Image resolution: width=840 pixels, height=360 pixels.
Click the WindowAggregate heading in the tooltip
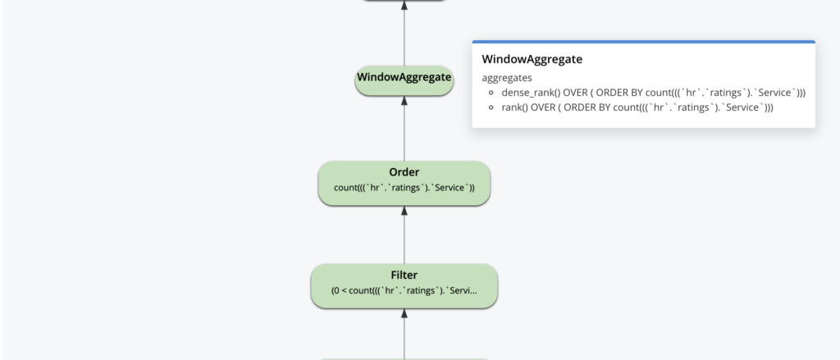click(x=532, y=60)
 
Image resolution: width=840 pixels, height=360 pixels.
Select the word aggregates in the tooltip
click(x=507, y=78)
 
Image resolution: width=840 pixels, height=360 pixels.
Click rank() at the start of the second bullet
click(x=515, y=107)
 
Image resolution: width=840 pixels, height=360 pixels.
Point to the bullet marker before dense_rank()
click(x=491, y=93)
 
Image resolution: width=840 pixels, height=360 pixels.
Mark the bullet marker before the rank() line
click(x=491, y=108)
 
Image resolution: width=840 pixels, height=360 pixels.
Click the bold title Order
click(x=404, y=172)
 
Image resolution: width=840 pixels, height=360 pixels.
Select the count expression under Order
click(x=404, y=188)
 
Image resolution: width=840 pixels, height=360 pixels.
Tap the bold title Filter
click(x=404, y=275)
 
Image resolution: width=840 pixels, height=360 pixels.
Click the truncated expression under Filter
click(x=404, y=290)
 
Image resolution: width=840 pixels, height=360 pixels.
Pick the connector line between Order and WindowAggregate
click(x=404, y=131)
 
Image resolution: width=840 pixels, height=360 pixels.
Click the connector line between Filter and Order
click(x=404, y=238)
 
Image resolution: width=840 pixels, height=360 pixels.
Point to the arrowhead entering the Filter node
click(x=404, y=313)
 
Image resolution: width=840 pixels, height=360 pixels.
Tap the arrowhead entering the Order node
click(x=404, y=211)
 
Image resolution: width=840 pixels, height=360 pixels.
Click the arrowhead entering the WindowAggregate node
click(x=404, y=101)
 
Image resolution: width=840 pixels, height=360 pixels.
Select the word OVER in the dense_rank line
click(x=577, y=93)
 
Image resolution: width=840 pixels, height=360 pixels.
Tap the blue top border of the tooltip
click(x=643, y=41)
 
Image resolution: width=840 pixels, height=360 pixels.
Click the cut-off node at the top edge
click(x=404, y=1)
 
